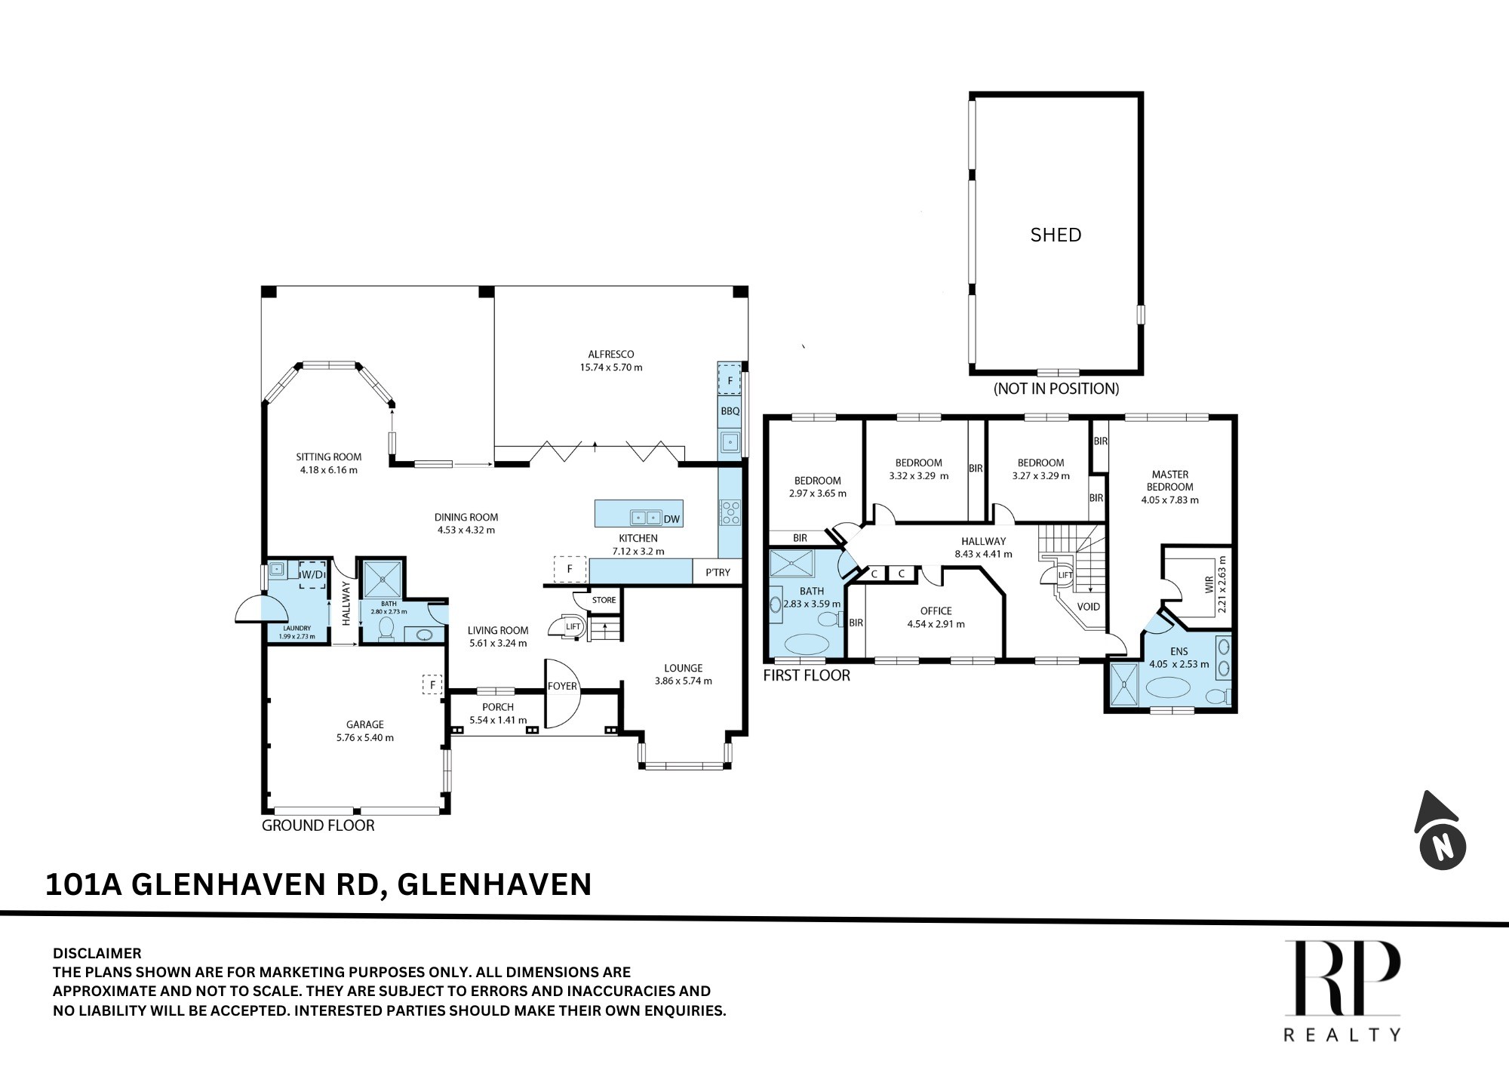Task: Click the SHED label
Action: tap(1056, 235)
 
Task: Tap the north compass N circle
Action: tap(1443, 846)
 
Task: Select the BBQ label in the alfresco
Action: tap(730, 411)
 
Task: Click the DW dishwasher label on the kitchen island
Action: tap(672, 519)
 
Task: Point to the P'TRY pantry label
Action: tap(718, 572)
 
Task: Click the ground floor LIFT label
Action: tap(573, 626)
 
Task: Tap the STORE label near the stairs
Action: tap(604, 600)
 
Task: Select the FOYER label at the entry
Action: tap(562, 686)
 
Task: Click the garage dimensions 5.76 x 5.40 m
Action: tap(365, 737)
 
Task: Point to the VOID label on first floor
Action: tap(1088, 607)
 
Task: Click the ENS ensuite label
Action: tap(1179, 651)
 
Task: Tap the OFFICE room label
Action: tap(936, 610)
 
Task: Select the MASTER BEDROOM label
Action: tap(1170, 481)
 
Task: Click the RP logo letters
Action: tap(1343, 978)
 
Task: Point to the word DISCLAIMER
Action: tap(97, 953)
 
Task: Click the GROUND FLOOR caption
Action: tap(318, 826)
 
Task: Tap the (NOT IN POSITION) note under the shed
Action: tap(1056, 389)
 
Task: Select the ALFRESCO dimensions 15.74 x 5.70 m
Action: tap(611, 367)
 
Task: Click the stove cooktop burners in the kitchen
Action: tap(730, 512)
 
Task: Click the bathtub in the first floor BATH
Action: tap(806, 644)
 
